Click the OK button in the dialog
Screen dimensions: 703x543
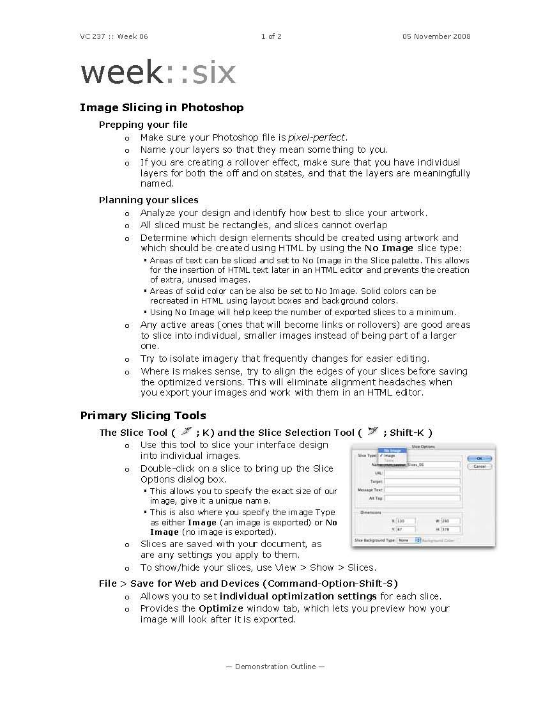pyautogui.click(x=479, y=458)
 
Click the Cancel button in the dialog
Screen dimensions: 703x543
pyautogui.click(x=479, y=467)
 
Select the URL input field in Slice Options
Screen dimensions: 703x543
pyautogui.click(x=422, y=473)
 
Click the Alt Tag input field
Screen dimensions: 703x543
pyautogui.click(x=422, y=498)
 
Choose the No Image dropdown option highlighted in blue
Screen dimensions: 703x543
pyautogui.click(x=392, y=450)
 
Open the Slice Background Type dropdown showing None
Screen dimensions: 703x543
pyautogui.click(x=408, y=540)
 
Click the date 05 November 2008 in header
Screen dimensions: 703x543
pyautogui.click(x=436, y=36)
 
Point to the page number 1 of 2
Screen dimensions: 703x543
pyautogui.click(x=271, y=36)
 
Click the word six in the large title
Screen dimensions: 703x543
pyautogui.click(x=214, y=73)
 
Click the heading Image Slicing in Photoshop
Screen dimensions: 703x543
pyautogui.click(x=162, y=107)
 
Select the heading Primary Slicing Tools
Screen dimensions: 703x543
pyautogui.click(x=143, y=415)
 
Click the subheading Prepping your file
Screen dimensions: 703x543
pyautogui.click(x=143, y=125)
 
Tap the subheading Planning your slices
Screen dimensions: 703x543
pyautogui.click(x=148, y=200)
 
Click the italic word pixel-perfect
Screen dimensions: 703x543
pyautogui.click(x=317, y=137)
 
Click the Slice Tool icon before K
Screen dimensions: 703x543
pyautogui.click(x=186, y=431)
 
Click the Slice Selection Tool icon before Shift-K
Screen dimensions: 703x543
pyautogui.click(x=373, y=431)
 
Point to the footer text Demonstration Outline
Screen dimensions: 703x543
pyautogui.click(x=275, y=667)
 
